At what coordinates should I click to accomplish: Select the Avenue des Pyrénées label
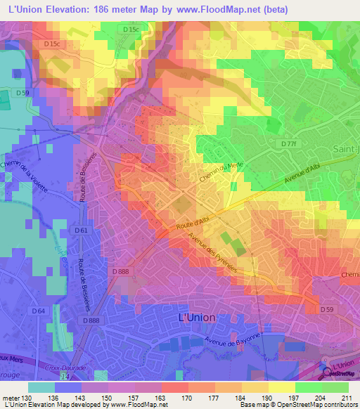(212, 254)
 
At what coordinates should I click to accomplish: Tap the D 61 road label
(80, 230)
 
